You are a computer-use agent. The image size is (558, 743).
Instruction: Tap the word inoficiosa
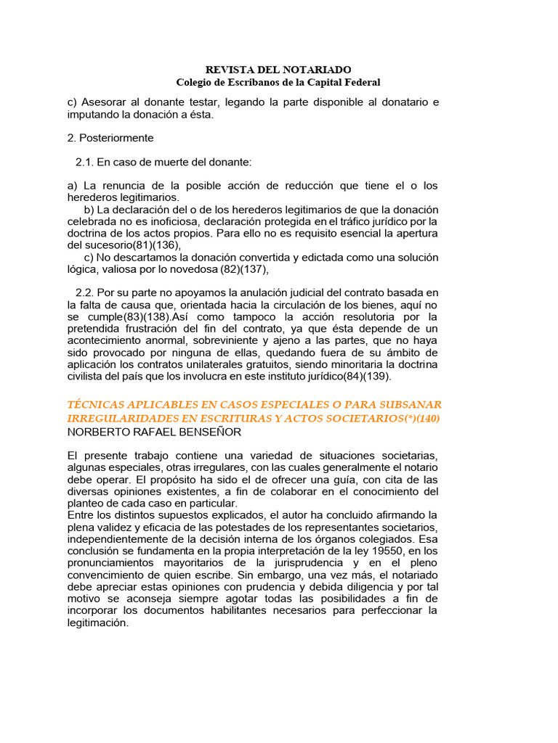tap(168, 221)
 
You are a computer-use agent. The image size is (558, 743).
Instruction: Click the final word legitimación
tap(97, 623)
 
